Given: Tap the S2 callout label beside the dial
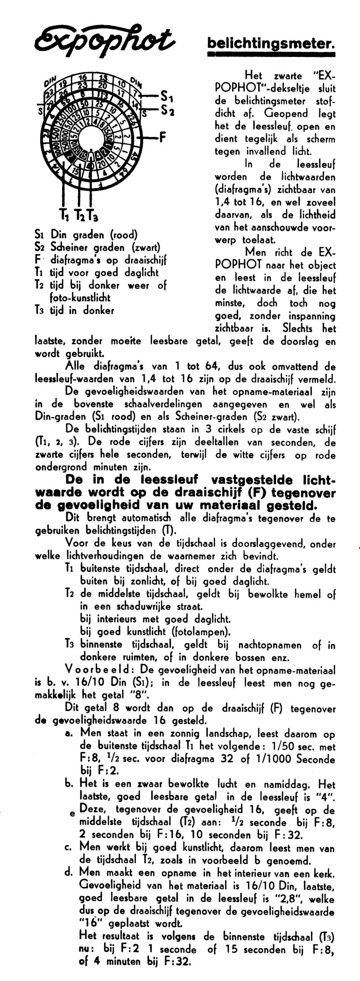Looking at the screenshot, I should pos(167,111).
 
